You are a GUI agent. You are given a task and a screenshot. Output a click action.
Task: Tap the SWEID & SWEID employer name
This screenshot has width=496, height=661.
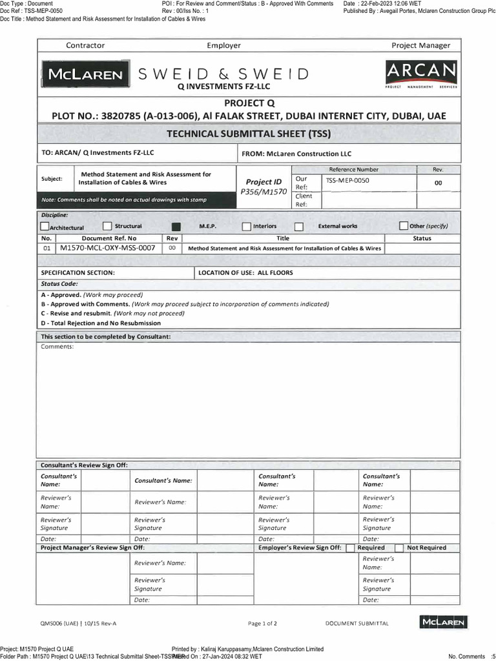[223, 74]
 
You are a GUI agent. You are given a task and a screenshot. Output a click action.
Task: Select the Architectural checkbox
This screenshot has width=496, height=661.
[45, 227]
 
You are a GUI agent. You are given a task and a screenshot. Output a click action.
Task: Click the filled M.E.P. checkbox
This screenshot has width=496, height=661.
[176, 227]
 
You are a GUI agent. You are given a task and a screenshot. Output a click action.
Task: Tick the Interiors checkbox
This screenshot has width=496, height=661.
[247, 227]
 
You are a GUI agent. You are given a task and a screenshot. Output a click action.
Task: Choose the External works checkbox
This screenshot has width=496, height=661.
[298, 227]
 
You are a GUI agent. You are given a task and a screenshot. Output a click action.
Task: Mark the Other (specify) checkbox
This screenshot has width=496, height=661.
[404, 226]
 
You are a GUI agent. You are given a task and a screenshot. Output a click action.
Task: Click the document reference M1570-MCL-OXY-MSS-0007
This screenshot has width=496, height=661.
[107, 248]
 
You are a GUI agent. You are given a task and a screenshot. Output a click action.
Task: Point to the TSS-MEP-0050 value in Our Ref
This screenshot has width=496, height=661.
[347, 181]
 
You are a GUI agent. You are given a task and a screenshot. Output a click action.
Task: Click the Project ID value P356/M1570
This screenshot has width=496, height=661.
[263, 192]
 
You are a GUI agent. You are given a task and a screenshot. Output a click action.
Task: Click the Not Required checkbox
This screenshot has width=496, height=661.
[399, 548]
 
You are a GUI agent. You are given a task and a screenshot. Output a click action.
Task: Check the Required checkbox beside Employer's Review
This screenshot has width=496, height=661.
[350, 548]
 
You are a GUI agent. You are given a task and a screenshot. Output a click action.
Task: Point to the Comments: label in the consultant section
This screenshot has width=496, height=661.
[57, 347]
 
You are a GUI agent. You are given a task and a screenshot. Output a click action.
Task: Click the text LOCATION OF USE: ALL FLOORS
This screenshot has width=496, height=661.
[245, 272]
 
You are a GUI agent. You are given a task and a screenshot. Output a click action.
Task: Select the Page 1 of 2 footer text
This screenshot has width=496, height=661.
[262, 624]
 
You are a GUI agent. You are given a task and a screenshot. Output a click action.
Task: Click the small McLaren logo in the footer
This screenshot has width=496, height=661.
[443, 622]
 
